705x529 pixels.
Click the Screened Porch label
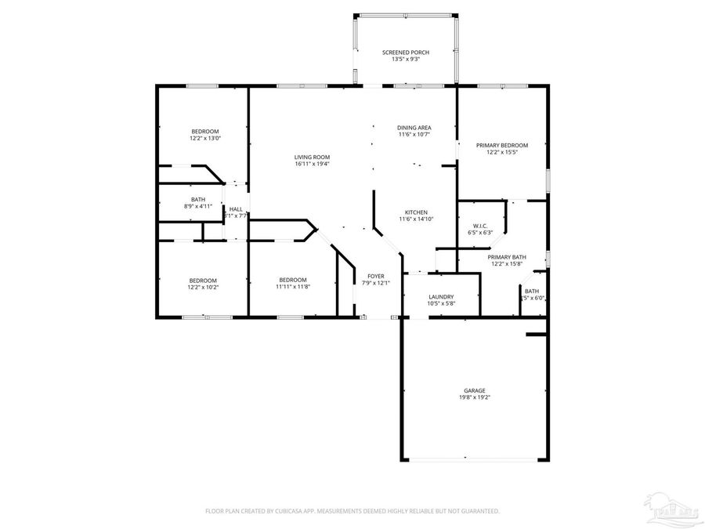pyautogui.click(x=405, y=52)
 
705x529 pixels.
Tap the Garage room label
pyautogui.click(x=473, y=390)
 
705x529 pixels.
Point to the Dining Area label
pyautogui.click(x=414, y=128)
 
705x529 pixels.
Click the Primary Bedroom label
pyautogui.click(x=502, y=145)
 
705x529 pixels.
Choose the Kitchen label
pyautogui.click(x=415, y=212)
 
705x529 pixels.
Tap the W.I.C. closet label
pyautogui.click(x=480, y=226)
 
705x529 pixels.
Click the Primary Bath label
pyautogui.click(x=507, y=257)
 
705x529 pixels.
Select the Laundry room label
pyautogui.click(x=441, y=296)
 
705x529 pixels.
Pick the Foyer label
pyautogui.click(x=376, y=276)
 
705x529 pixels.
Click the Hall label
pyautogui.click(x=236, y=208)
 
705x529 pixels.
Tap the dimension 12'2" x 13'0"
pyautogui.click(x=204, y=138)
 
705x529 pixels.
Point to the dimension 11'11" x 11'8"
pyautogui.click(x=292, y=287)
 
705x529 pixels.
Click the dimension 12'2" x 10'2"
pyautogui.click(x=202, y=287)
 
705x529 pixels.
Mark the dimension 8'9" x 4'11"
pyautogui.click(x=198, y=206)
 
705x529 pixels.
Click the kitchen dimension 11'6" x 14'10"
pyautogui.click(x=415, y=219)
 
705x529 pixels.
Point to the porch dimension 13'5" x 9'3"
pyautogui.click(x=405, y=59)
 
